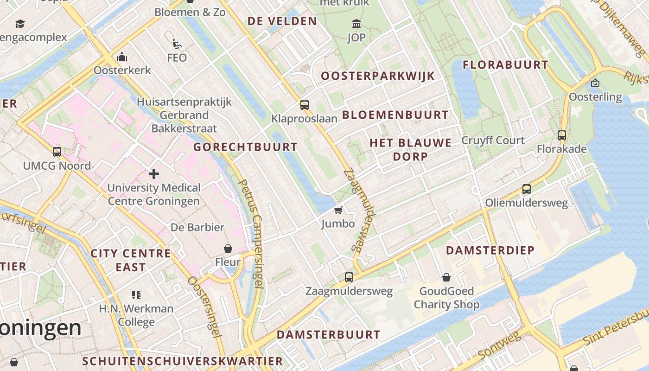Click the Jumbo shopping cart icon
(338, 211)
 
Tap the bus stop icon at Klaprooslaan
(305, 105)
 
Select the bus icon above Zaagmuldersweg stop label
(349, 277)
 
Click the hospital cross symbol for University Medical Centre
(154, 174)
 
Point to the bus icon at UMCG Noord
(57, 152)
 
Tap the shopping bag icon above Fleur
(228, 249)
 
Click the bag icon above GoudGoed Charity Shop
(446, 277)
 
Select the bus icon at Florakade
(562, 135)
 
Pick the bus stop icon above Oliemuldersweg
(527, 189)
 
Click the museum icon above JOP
(356, 24)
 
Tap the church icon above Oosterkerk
(122, 57)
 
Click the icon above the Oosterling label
(595, 83)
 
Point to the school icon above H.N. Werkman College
(136, 294)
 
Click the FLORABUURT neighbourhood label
(506, 65)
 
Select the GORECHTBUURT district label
(245, 147)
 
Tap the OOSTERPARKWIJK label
(378, 76)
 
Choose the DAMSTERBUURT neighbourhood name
(328, 334)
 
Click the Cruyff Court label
(493, 141)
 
